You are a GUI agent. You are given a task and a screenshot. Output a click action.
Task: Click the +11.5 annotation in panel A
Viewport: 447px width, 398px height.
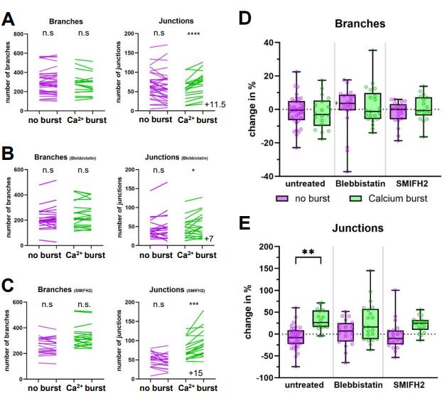coord(216,104)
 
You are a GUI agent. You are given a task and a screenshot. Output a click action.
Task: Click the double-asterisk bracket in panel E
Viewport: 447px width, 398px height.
coord(308,254)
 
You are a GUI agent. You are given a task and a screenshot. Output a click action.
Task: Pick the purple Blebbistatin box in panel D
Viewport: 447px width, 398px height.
coord(348,102)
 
